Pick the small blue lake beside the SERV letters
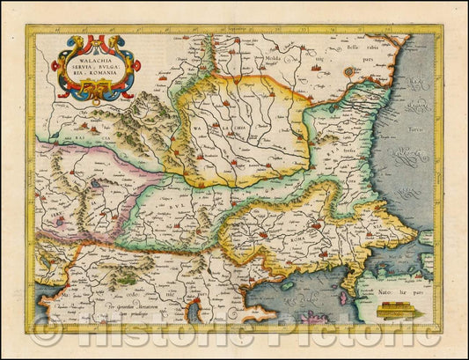click(60, 221)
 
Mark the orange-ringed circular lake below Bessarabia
click(349, 71)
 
